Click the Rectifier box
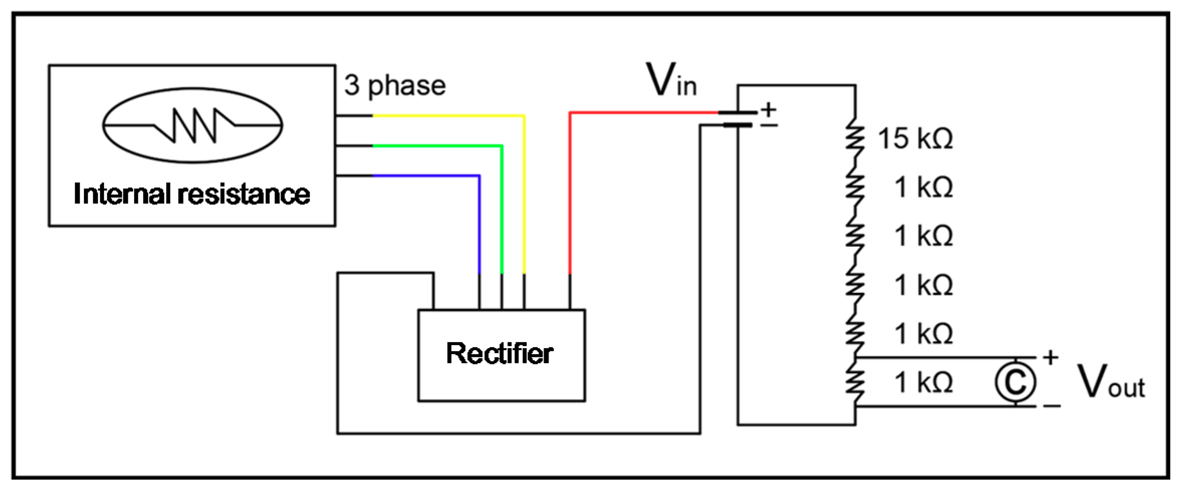click(501, 355)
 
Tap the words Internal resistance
click(192, 194)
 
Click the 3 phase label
click(395, 85)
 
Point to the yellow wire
click(523, 191)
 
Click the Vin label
click(671, 80)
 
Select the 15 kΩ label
click(915, 138)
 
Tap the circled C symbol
click(1015, 382)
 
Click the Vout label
click(1111, 382)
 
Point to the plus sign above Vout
click(1051, 358)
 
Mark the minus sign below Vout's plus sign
click(1052, 405)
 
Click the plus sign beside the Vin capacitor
click(768, 109)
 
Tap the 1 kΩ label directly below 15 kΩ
click(924, 188)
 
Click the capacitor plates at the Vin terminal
click(737, 119)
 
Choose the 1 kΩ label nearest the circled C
click(924, 383)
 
